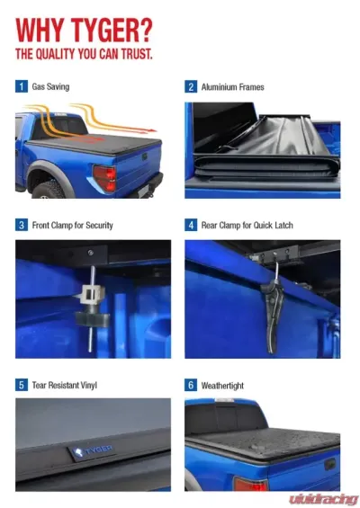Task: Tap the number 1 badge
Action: tap(22, 87)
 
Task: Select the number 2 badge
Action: tap(191, 87)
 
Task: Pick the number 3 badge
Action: tap(22, 225)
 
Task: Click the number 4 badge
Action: tap(191, 225)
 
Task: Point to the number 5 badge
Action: tap(22, 385)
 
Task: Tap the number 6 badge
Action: tap(191, 385)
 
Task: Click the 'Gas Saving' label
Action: tap(51, 87)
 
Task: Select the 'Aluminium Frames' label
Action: tap(233, 87)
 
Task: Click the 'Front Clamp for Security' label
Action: tap(73, 225)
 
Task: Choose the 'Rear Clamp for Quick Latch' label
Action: tap(247, 225)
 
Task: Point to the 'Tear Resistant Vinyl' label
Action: tap(64, 385)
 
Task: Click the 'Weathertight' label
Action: tap(223, 385)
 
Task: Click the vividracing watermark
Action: tap(323, 497)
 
